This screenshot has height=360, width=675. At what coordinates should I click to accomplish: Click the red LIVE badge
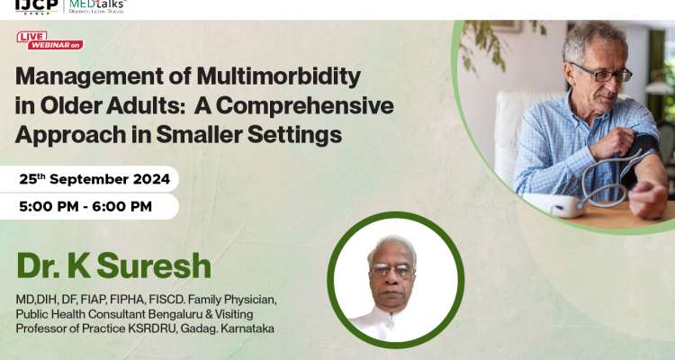[x=32, y=36]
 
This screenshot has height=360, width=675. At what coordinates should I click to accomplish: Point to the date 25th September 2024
[x=94, y=179]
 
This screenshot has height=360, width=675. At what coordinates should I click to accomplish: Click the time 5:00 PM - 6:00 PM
[x=85, y=206]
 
